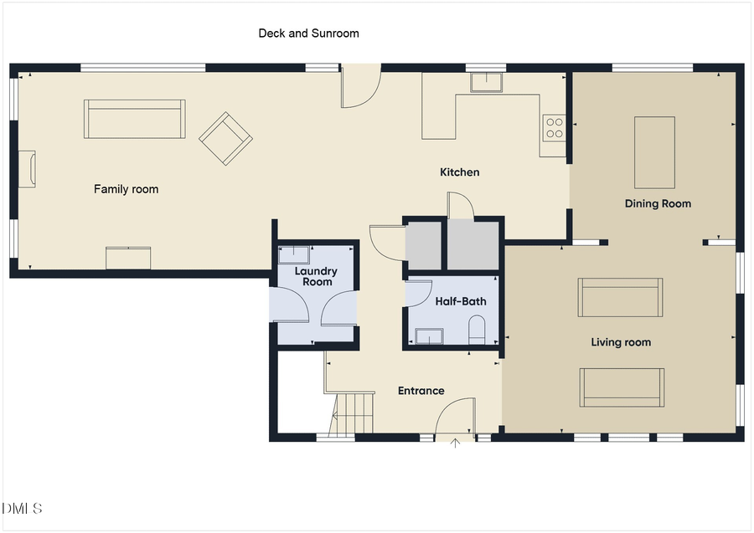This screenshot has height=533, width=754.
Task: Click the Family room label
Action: (x=126, y=189)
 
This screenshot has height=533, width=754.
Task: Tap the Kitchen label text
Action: (x=460, y=172)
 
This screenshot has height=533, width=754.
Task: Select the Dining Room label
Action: (x=658, y=203)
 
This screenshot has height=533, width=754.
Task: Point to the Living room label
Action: (x=621, y=342)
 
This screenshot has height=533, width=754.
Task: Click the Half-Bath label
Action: (x=461, y=301)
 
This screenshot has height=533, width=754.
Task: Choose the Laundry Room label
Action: (x=316, y=277)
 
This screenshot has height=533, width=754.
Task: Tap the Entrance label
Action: (x=421, y=391)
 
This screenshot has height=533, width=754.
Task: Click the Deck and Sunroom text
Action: (x=308, y=33)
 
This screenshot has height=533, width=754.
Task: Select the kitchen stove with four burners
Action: (x=555, y=128)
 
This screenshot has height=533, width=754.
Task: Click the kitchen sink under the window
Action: (x=486, y=82)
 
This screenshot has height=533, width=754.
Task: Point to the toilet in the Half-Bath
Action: (x=477, y=330)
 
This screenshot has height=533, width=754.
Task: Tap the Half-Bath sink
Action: (x=430, y=336)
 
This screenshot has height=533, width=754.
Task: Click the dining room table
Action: (x=654, y=152)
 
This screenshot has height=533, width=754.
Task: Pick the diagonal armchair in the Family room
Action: (x=225, y=139)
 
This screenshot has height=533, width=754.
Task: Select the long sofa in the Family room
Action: (x=135, y=119)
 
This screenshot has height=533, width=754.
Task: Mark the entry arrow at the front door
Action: (x=455, y=443)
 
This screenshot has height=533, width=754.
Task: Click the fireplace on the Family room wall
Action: (x=27, y=169)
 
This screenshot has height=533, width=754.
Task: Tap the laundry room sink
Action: (x=294, y=255)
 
